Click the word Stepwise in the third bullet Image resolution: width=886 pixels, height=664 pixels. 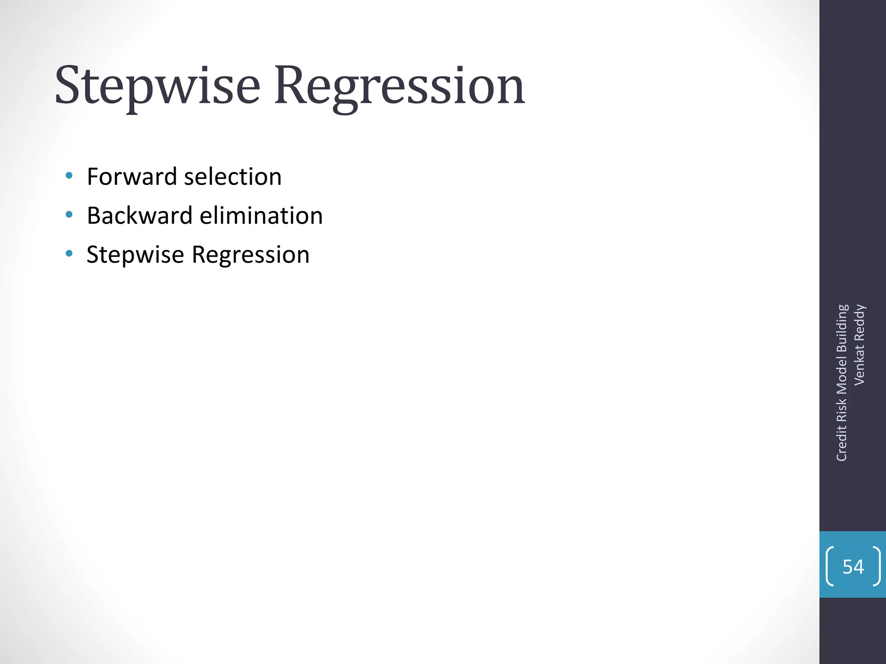pos(135,255)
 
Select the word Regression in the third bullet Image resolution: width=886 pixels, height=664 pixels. pos(250,255)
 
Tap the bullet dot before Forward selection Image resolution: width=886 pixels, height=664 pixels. pos(69,176)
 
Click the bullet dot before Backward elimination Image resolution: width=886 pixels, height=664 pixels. pos(69,214)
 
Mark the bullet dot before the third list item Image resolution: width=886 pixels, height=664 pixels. pos(69,253)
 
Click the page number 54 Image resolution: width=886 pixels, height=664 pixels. pos(853,567)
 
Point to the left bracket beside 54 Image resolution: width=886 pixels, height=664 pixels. pos(830,567)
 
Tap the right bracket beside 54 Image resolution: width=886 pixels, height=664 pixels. pos(876,567)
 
